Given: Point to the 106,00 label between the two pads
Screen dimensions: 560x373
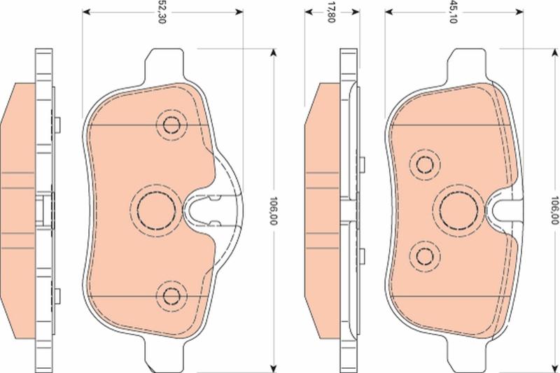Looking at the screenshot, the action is (273, 211).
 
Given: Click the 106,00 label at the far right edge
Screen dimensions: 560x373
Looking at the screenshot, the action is (554, 210).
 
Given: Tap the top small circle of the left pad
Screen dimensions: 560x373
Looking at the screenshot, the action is (171, 125).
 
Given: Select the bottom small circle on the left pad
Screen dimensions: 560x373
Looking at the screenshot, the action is (171, 295).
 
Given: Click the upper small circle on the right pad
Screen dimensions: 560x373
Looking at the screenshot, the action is (425, 164).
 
